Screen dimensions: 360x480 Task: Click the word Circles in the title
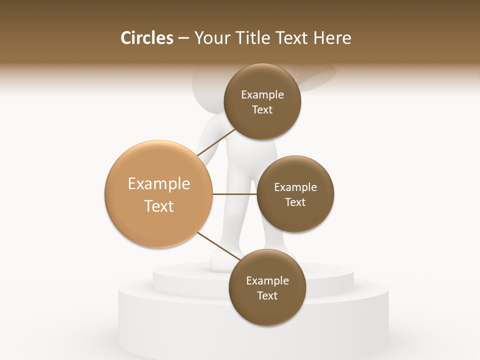(146, 38)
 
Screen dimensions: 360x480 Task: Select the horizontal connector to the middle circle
(235, 194)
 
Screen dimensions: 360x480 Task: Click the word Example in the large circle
(159, 184)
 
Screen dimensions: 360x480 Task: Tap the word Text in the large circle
(159, 206)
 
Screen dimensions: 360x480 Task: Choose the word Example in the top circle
(262, 95)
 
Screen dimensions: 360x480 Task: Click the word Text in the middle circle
(295, 202)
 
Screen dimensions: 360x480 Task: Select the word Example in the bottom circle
(267, 280)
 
